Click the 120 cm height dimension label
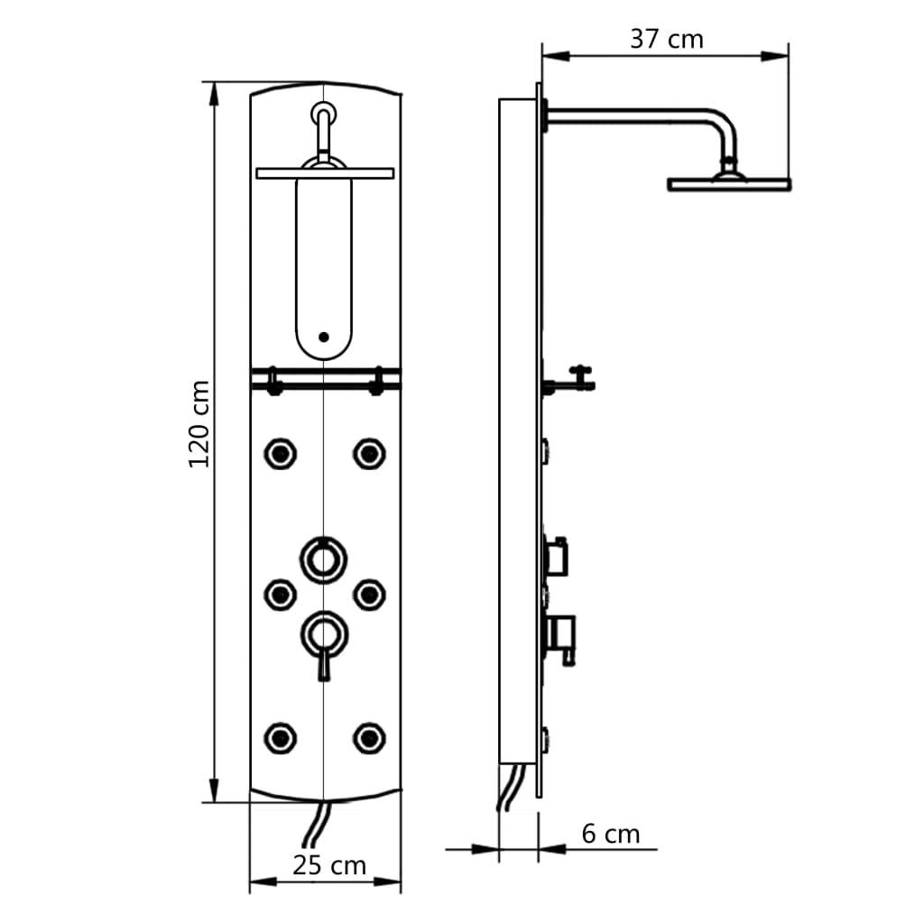tap(199, 423)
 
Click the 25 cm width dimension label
tap(329, 865)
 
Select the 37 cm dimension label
tap(666, 39)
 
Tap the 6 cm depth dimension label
tap(610, 834)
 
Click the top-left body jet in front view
tap(280, 452)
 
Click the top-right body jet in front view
tap(368, 452)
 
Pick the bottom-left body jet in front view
tap(280, 737)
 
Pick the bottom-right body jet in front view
tap(368, 737)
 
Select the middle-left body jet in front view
tap(280, 593)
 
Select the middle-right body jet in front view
tap(368, 593)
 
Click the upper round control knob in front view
tap(323, 558)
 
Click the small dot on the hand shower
tap(324, 337)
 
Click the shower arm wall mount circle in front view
tap(323, 115)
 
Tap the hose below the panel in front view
tap(317, 825)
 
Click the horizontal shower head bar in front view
tap(325, 172)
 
